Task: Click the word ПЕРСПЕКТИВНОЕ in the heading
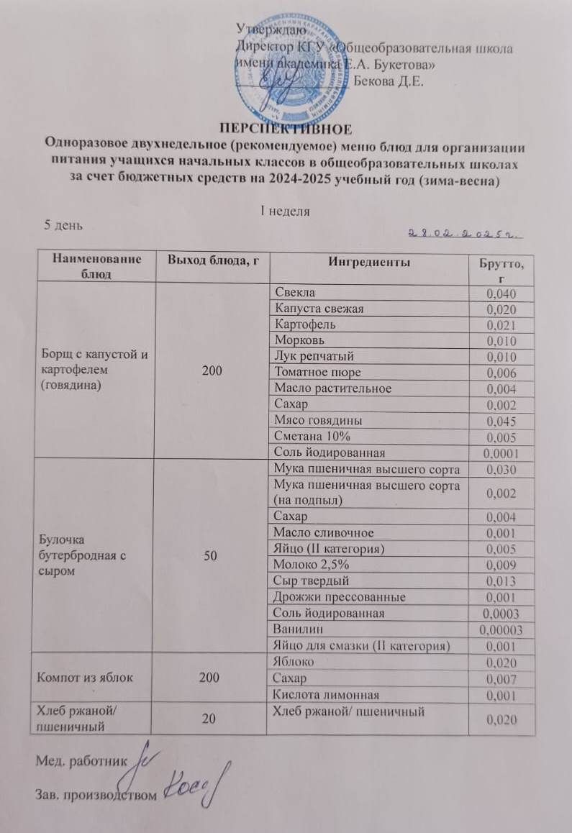click(286, 129)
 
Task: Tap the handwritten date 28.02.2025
click(465, 232)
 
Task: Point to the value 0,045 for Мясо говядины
click(501, 421)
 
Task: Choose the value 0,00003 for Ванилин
click(499, 630)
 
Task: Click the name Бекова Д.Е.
click(389, 80)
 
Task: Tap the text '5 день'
click(64, 225)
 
